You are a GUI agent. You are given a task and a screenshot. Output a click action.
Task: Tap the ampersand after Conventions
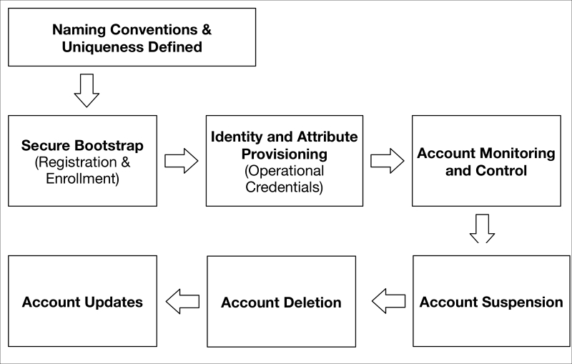pyautogui.click(x=207, y=29)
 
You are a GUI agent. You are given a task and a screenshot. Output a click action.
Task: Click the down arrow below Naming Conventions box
pyautogui.click(x=87, y=90)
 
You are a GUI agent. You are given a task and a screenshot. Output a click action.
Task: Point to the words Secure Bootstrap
pyautogui.click(x=82, y=145)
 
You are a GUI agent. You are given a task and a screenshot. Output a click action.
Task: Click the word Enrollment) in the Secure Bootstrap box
pyautogui.click(x=82, y=178)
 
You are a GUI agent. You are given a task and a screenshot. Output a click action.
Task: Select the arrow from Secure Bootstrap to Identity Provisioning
pyautogui.click(x=182, y=161)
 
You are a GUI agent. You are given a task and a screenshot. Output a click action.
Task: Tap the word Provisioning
pyautogui.click(x=284, y=154)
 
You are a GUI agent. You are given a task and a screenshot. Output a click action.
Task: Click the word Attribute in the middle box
pyautogui.click(x=327, y=137)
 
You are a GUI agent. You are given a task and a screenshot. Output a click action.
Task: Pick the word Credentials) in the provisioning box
pyautogui.click(x=284, y=187)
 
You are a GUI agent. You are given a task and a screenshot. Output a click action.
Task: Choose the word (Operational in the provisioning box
pyautogui.click(x=284, y=171)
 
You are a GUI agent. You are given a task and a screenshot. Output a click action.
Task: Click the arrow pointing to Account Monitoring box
pyautogui.click(x=388, y=161)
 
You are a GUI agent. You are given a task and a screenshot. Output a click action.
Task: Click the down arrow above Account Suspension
pyautogui.click(x=482, y=229)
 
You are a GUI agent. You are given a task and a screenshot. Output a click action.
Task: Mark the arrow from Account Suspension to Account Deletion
pyautogui.click(x=388, y=301)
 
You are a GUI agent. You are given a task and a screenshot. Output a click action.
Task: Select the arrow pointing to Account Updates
pyautogui.click(x=182, y=302)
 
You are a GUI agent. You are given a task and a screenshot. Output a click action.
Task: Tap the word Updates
pyautogui.click(x=114, y=302)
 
